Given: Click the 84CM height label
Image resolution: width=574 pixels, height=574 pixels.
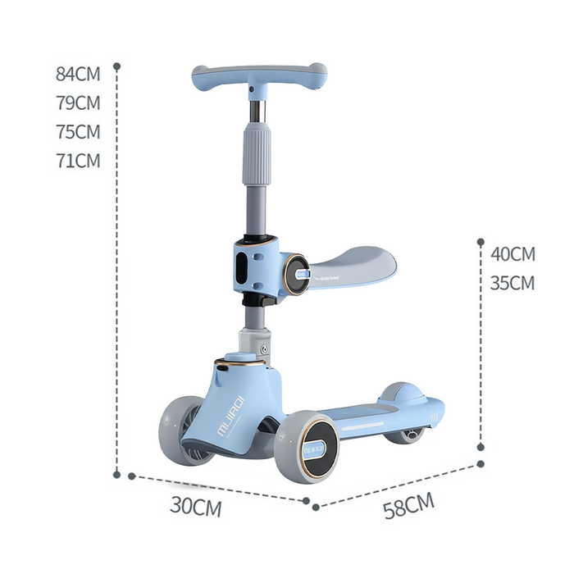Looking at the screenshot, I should [78, 74].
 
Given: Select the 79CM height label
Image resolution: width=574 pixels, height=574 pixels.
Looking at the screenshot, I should [78, 103].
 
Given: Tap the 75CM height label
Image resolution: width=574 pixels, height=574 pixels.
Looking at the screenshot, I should [78, 132].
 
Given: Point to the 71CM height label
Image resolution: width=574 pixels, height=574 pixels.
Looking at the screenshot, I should [78, 161].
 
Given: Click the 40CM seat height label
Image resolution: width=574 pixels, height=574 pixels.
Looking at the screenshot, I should [512, 254].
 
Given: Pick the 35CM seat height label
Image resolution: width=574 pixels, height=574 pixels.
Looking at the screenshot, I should [512, 284].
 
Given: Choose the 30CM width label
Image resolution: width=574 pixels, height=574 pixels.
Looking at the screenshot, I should [196, 506].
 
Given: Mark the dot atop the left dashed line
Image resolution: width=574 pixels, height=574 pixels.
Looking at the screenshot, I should [117, 66].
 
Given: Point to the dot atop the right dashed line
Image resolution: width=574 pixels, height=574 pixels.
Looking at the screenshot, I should [481, 242].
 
